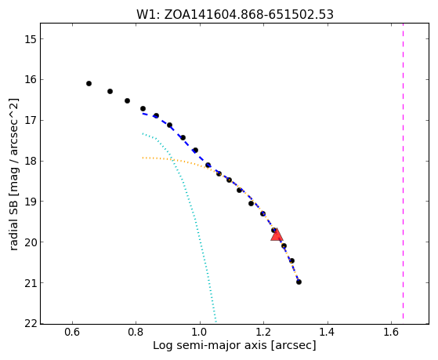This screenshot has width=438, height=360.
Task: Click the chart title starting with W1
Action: (x=235, y=15)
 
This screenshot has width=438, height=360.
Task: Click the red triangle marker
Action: (x=277, y=235)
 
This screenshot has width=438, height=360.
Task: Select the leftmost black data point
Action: (x=89, y=83)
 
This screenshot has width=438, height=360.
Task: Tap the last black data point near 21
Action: (x=299, y=282)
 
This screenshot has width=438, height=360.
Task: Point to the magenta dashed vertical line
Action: (x=403, y=171)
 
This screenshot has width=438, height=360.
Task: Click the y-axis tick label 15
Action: (x=31, y=39)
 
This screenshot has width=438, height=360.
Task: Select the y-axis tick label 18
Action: (x=31, y=161)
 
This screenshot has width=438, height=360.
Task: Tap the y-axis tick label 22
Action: (x=31, y=324)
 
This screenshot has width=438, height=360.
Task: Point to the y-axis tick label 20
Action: (x=31, y=242)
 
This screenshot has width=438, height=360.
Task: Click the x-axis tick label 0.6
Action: (x=72, y=332)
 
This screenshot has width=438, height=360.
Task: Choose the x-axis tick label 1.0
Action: (x=200, y=332)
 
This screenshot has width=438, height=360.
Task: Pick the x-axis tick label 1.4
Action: (x=327, y=332)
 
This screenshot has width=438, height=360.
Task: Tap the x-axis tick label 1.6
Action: (x=391, y=332)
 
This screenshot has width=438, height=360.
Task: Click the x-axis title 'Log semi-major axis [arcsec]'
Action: (x=234, y=346)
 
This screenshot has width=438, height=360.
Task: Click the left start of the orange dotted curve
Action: (x=143, y=158)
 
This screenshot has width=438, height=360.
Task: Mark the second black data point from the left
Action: (x=110, y=91)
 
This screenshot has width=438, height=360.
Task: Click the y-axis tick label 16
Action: (x=31, y=80)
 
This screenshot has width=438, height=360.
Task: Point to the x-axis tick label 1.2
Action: (x=263, y=332)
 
